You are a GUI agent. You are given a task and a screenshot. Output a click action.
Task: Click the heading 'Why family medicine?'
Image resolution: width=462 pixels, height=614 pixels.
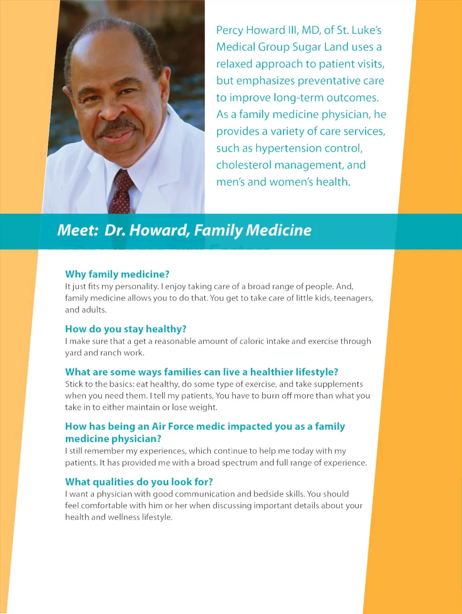117,274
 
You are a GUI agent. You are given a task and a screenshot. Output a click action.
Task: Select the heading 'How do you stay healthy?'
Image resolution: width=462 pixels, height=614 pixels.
125,329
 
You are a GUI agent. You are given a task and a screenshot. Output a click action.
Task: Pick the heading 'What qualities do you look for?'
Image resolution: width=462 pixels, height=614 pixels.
139,482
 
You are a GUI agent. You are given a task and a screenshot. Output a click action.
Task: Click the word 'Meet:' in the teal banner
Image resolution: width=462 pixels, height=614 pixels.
78,230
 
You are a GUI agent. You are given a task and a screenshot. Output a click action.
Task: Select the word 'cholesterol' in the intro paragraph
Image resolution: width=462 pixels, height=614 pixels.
244,165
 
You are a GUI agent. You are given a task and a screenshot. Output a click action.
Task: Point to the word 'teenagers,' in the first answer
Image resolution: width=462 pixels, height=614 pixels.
353,298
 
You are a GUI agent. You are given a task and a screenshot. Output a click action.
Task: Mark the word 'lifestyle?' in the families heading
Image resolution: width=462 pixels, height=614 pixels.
317,372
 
